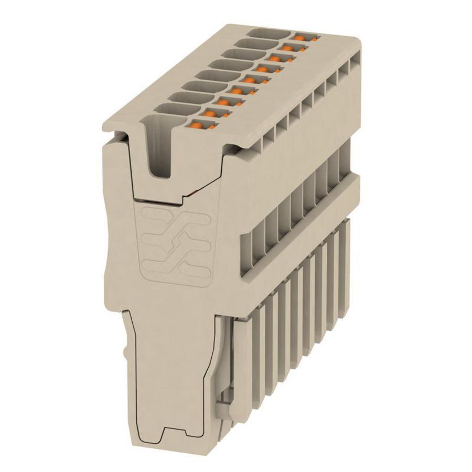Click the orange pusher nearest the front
[x=197, y=125]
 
